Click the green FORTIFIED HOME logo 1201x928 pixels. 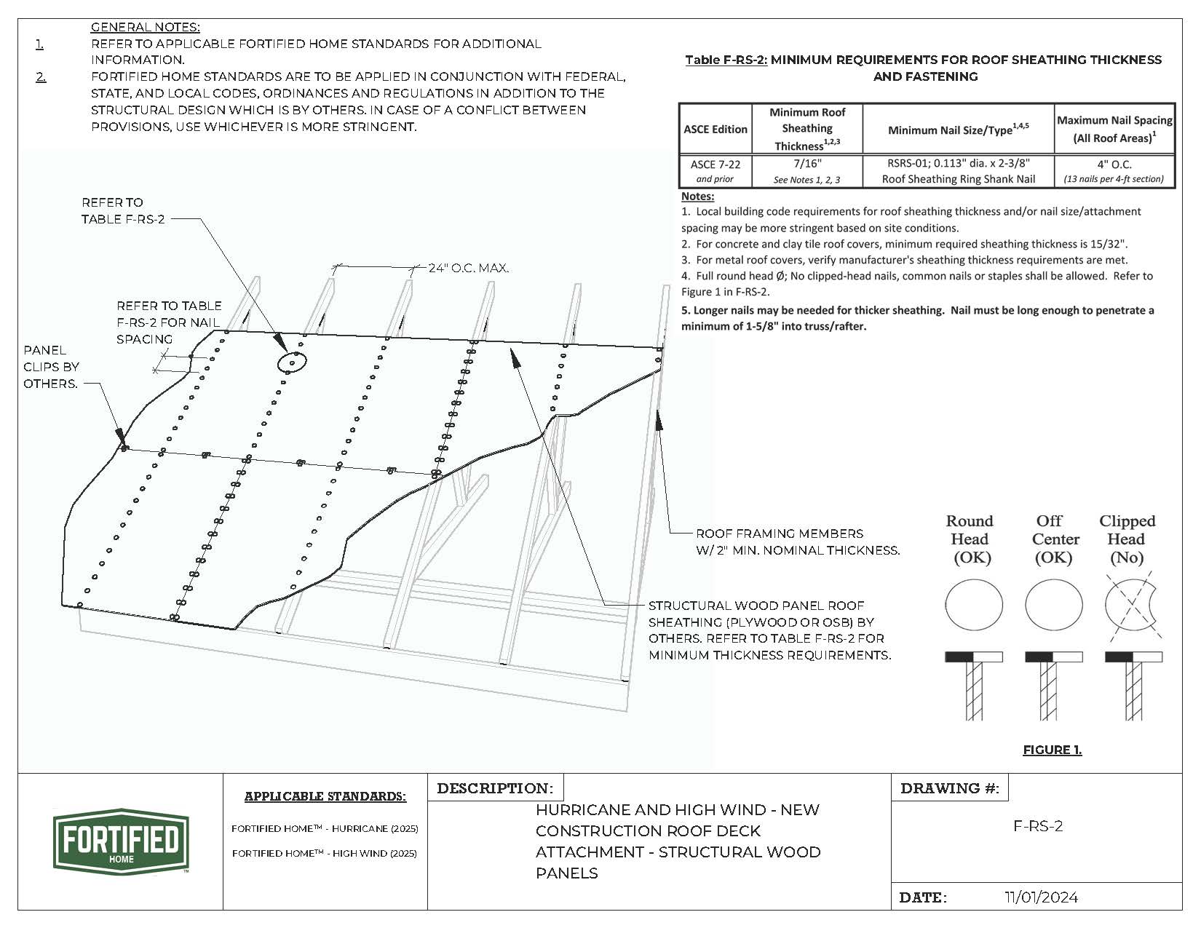point(121,841)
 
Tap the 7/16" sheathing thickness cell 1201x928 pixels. point(806,171)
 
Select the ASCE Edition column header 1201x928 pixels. point(715,129)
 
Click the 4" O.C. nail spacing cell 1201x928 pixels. point(1114,171)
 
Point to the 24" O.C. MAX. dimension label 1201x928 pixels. point(468,269)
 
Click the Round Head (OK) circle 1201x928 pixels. point(973,605)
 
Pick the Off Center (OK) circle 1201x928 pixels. point(1053,605)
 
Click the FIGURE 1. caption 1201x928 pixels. point(1052,750)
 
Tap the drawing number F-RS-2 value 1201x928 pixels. point(1038,826)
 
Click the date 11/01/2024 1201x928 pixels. point(1041,897)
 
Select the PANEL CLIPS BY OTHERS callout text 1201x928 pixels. point(51,367)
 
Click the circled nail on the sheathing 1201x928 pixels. point(292,361)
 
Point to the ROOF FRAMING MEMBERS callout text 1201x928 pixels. point(797,542)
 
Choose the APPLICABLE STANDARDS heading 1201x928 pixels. point(325,796)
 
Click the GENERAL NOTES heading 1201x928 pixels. point(145,27)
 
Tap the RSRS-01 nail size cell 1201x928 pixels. point(959,171)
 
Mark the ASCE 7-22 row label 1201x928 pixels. point(715,171)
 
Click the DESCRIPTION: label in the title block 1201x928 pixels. point(495,788)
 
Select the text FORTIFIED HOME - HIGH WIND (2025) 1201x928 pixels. point(325,853)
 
